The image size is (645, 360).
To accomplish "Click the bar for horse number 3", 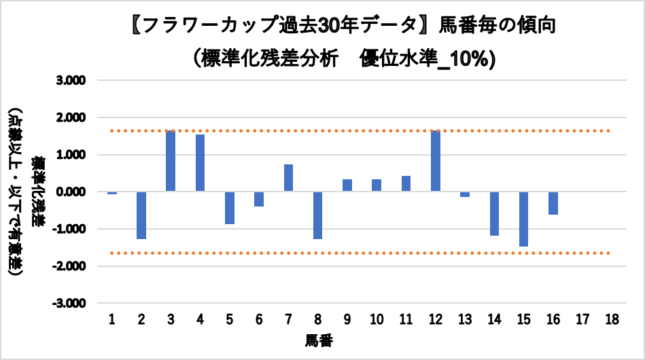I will pos(171,161).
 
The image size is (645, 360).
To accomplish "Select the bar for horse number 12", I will pos(436,161).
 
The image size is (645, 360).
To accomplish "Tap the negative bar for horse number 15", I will pos(524,219).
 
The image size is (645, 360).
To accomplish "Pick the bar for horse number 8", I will pos(318,215).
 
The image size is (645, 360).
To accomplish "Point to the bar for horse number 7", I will pos(288,178).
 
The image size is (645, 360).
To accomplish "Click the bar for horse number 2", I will pos(141,215).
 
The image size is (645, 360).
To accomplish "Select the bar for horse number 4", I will pos(200,163).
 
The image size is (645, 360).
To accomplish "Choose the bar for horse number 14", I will pos(494,213).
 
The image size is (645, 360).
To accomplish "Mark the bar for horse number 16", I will pos(553,203).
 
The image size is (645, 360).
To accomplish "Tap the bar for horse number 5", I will pos(230,208).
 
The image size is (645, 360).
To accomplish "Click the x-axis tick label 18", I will pos(612,319).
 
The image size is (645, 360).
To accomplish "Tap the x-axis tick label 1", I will pos(112,319).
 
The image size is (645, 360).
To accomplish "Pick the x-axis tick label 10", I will pos(377,319).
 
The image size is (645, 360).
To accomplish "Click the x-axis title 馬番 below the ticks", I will pos(318,339).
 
